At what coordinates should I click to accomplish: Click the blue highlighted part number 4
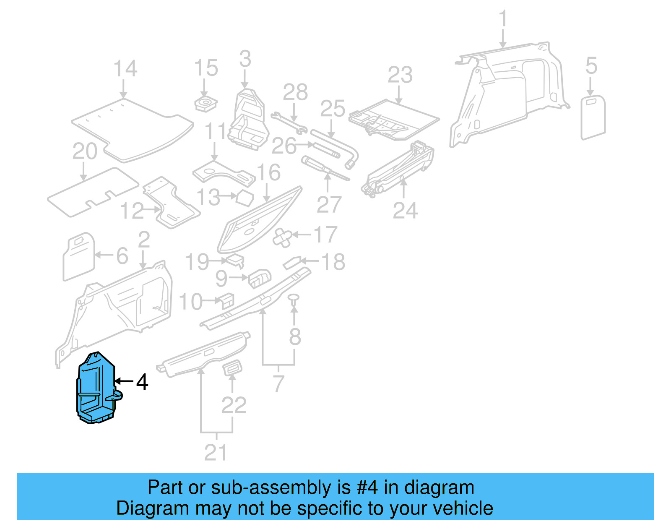pyautogui.click(x=96, y=388)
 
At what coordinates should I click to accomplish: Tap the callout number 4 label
pyautogui.click(x=142, y=382)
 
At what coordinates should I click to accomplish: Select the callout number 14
pyautogui.click(x=125, y=69)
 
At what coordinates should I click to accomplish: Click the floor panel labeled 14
pyautogui.click(x=132, y=128)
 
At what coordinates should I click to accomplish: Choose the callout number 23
pyautogui.click(x=400, y=76)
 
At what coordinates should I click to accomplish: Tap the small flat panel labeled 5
pyautogui.click(x=593, y=117)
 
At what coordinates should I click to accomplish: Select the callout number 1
pyautogui.click(x=503, y=19)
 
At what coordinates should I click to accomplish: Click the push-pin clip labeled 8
pyautogui.click(x=294, y=298)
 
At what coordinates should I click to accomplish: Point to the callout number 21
pyautogui.click(x=216, y=452)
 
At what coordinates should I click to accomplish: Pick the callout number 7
pyautogui.click(x=278, y=383)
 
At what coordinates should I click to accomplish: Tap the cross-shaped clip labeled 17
pyautogui.click(x=283, y=237)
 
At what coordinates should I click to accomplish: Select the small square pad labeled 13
pyautogui.click(x=244, y=198)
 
